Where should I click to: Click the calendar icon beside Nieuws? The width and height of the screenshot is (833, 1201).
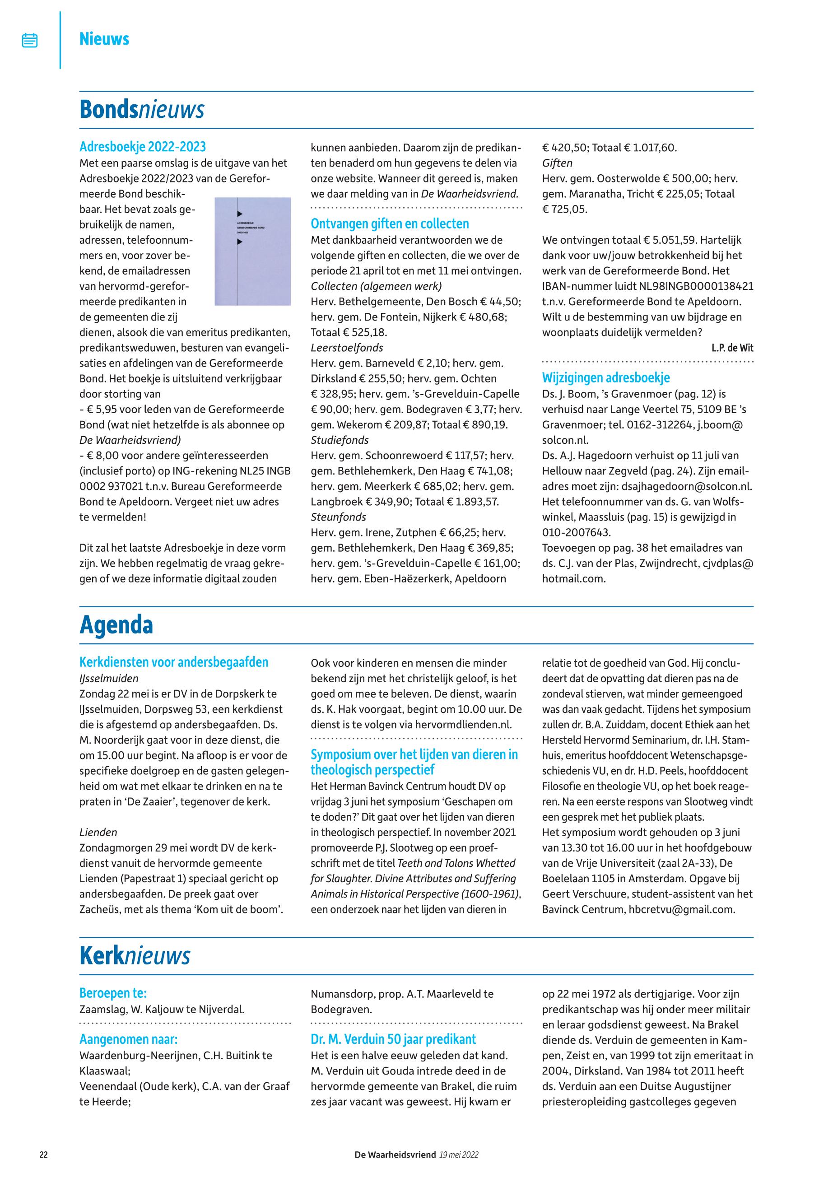point(30,40)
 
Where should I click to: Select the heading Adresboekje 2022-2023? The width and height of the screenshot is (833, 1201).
point(143,147)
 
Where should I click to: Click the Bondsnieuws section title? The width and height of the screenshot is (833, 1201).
point(141,110)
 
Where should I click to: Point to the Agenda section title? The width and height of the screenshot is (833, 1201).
point(116,625)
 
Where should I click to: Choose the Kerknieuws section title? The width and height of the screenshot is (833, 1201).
point(135,956)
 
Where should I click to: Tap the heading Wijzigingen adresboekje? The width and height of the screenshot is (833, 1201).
point(605,378)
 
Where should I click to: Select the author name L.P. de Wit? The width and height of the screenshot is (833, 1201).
point(732,348)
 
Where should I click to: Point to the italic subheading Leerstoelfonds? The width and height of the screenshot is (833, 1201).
point(347,348)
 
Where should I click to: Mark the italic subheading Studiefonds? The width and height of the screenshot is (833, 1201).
point(339,440)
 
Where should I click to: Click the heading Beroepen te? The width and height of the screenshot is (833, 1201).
point(113,993)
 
